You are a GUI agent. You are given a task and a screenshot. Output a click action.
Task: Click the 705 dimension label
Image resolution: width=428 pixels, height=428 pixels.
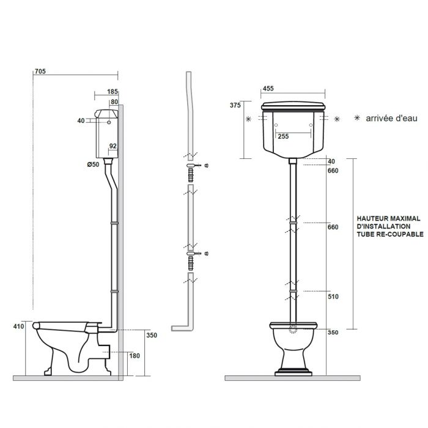point(40,72)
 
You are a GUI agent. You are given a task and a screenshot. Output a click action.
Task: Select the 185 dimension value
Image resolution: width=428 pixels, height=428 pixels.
point(113,92)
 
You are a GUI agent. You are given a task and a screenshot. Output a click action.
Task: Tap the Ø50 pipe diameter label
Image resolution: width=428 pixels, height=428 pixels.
point(93,164)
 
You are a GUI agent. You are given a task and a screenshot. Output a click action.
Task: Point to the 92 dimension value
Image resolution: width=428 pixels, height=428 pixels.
point(113,146)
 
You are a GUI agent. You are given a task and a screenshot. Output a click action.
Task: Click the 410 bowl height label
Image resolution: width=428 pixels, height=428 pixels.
point(18,326)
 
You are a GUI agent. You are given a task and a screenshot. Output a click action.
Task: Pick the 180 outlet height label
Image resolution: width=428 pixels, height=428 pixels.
point(135,356)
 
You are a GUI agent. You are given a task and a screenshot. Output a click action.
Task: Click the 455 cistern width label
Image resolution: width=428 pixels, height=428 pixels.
point(268,89)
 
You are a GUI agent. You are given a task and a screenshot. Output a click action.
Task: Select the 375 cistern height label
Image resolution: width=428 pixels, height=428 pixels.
point(235,105)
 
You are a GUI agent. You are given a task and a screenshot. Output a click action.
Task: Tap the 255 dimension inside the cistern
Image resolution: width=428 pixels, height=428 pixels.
point(283,136)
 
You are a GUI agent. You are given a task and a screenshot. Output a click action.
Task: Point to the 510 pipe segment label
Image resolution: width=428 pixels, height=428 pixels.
point(333,297)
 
